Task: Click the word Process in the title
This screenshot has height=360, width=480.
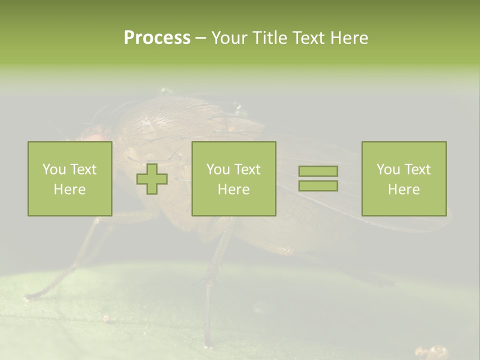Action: (157, 38)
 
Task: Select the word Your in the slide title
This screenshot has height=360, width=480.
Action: (229, 38)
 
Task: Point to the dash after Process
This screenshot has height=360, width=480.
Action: (200, 38)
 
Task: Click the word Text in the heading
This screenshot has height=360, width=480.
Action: (306, 38)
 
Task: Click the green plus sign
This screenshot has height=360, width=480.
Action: (152, 178)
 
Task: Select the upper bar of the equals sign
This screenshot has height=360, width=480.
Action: (318, 171)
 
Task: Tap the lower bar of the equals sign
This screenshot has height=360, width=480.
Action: (318, 185)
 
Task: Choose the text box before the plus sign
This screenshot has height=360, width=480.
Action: (70, 178)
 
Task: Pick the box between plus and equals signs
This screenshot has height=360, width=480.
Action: (233, 178)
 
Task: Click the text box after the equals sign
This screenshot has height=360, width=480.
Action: (403, 178)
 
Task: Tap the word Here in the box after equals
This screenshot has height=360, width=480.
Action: (403, 189)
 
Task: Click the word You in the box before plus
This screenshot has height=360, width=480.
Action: (54, 169)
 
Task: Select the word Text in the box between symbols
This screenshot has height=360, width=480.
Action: (247, 169)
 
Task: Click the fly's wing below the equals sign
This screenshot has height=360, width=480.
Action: (340, 210)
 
